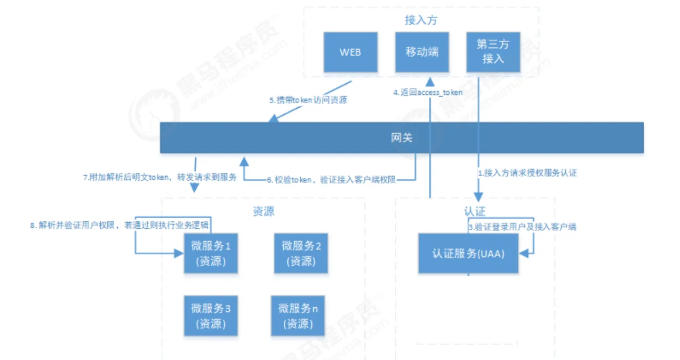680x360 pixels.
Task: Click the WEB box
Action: [x=350, y=52]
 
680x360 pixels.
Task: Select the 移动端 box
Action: [x=421, y=52]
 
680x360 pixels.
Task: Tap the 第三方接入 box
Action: [x=493, y=52]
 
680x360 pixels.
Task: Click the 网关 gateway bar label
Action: [x=402, y=138]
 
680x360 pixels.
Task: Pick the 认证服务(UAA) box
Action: [x=468, y=253]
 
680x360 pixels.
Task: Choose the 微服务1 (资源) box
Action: [x=211, y=253]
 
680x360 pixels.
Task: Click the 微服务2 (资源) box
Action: [x=301, y=253]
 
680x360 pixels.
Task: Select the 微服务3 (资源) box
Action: [x=211, y=316]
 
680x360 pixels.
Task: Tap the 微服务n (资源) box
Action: [x=298, y=316]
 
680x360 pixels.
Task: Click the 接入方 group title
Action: [x=421, y=20]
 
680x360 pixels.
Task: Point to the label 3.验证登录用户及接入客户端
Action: [x=522, y=227]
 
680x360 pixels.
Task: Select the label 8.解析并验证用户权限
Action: [x=123, y=226]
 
